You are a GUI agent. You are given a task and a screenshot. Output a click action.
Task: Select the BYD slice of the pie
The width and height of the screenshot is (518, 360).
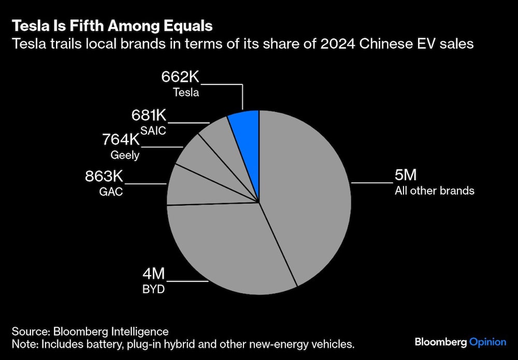tap(223, 243)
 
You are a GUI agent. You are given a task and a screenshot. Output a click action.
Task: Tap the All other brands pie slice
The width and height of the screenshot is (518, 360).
tap(306, 197)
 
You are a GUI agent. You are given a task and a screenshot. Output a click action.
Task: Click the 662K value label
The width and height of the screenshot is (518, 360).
tap(180, 78)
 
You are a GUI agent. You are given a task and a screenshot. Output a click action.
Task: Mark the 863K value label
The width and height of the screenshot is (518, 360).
tap(105, 176)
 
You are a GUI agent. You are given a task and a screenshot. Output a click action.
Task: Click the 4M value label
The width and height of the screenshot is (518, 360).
tap(154, 273)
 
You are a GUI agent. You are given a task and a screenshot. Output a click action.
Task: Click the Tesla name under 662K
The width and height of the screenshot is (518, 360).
tap(186, 94)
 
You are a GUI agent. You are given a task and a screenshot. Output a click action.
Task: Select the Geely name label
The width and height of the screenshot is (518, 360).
tap(124, 154)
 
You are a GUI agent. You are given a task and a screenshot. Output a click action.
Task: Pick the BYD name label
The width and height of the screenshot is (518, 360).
tap(153, 289)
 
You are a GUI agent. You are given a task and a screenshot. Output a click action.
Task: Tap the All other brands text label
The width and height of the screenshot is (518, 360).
tap(434, 191)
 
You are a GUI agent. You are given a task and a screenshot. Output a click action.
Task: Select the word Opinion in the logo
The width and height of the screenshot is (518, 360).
tap(487, 342)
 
